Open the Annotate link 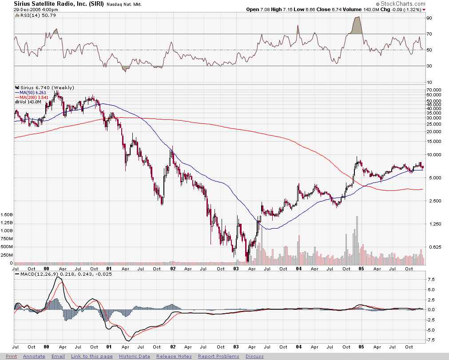tap(34, 356)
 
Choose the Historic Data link tap(134, 356)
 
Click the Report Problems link tap(219, 356)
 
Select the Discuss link tap(254, 356)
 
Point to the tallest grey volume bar tap(357, 240)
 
